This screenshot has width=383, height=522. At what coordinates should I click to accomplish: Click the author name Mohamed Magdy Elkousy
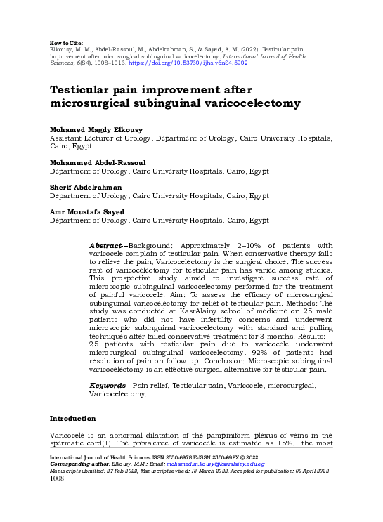[95, 130]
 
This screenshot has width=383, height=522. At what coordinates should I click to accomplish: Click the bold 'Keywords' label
[108, 386]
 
